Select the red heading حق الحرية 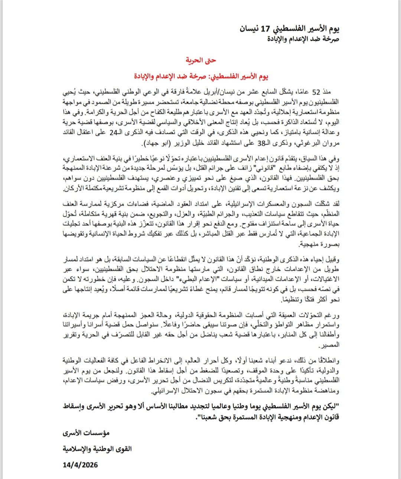tap(201, 60)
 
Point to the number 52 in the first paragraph tap(316, 92)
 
